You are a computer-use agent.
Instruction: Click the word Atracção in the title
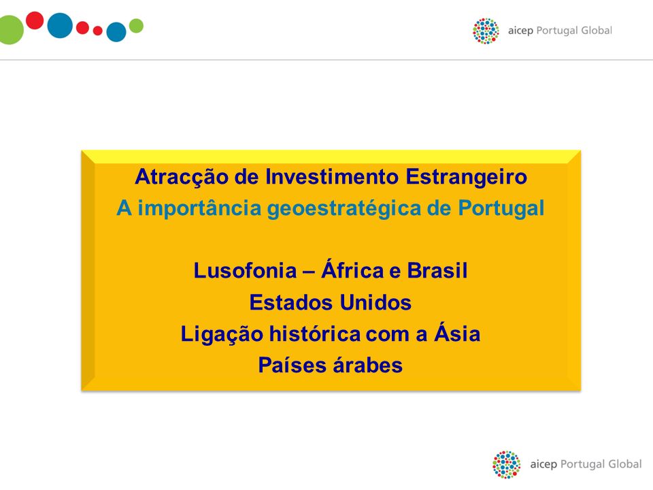pos(182,178)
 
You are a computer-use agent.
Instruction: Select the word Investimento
pos(332,176)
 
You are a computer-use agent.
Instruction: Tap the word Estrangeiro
pos(467,178)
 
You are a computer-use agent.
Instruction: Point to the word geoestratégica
pos(344,209)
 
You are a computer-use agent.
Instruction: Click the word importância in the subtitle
pos(199,209)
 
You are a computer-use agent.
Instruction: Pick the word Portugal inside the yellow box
pos(501,209)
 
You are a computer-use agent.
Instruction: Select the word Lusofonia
pos(246,270)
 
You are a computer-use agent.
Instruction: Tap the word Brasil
pos(437,270)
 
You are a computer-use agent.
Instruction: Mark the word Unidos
pos(375,302)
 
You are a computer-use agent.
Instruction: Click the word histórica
pos(315,333)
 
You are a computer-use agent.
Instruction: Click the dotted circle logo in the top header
pos(486,31)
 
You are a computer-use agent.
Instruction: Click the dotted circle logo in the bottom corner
pos(506,464)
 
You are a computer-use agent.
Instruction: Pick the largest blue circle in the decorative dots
pos(60,25)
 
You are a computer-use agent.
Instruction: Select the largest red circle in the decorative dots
pos(35,20)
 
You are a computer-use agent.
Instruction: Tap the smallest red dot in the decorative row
pos(98,31)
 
